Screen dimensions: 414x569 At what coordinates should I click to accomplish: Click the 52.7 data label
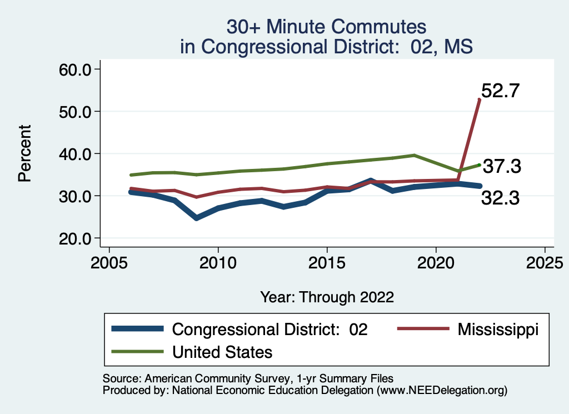[500, 90]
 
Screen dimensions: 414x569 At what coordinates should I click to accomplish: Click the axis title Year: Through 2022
[327, 297]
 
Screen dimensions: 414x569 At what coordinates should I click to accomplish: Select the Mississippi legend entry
[498, 329]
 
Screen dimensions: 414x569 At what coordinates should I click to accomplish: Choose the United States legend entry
[222, 351]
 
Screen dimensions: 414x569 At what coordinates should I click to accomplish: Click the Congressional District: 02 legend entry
[270, 329]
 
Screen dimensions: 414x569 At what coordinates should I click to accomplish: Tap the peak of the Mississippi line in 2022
[479, 99]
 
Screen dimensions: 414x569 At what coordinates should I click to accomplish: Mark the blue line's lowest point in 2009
[196, 218]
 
